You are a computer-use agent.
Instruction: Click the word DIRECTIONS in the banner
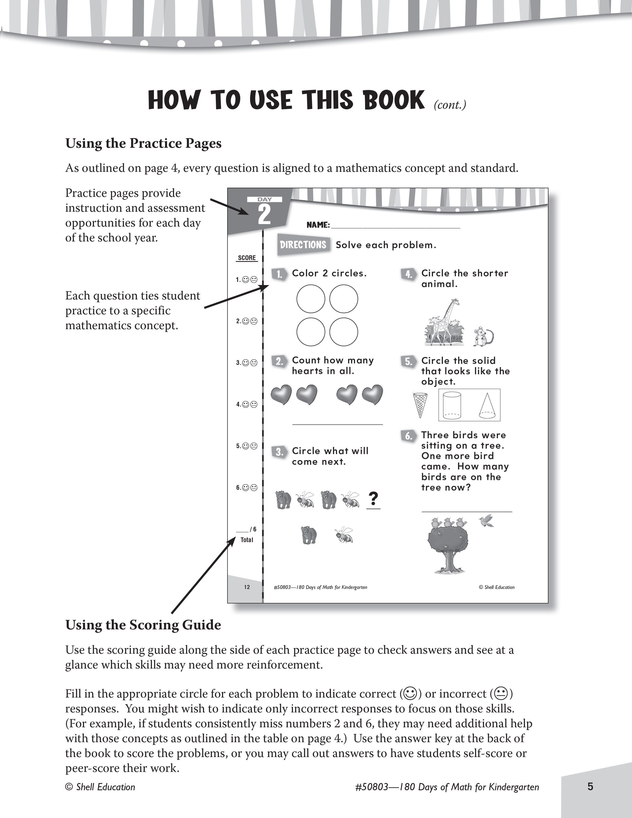click(303, 245)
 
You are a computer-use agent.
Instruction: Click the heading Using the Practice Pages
click(144, 143)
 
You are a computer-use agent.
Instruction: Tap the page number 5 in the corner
click(590, 786)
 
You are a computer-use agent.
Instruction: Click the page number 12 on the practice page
click(247, 587)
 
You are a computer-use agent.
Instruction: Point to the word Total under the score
click(247, 540)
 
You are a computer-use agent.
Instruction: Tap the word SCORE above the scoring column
click(247, 258)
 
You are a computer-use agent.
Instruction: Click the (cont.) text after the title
click(450, 105)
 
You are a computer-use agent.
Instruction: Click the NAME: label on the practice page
click(318, 225)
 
